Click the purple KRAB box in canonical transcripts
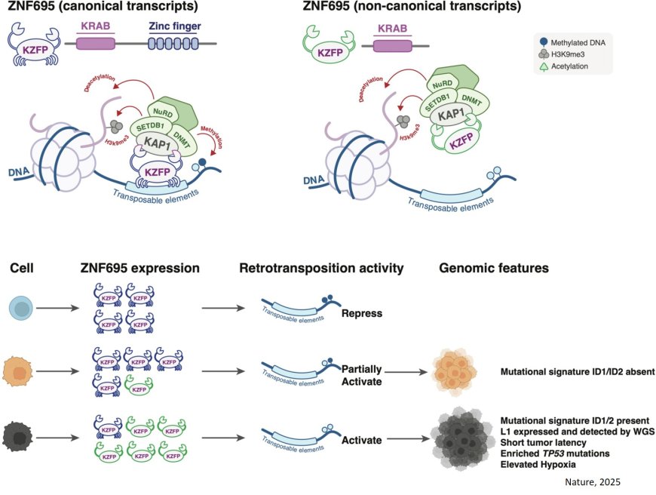point(94,44)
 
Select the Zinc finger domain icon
point(172,44)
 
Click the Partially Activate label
point(362,376)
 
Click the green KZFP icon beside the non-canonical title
point(324,44)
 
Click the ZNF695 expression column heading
point(140,267)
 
